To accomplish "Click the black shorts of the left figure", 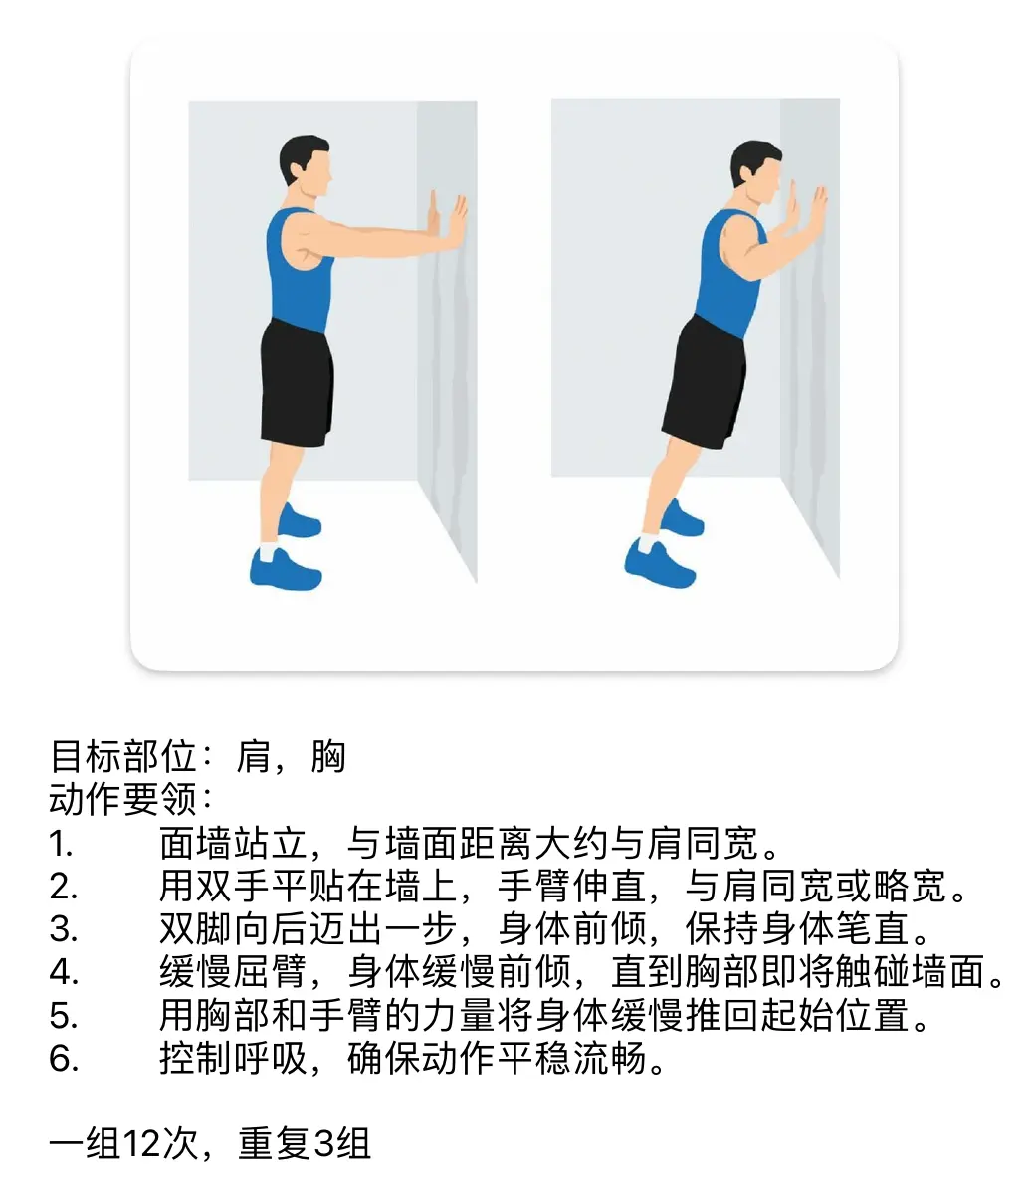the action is (297, 382).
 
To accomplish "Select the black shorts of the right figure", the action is (705, 383).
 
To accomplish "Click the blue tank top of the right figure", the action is (730, 273).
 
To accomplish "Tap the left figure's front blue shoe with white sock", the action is (285, 569).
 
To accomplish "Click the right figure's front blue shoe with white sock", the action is (659, 563).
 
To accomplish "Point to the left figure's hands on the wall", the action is (447, 220).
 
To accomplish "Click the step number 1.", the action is (60, 844).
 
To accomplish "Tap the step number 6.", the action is (64, 1059).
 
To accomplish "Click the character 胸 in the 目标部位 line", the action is (328, 756).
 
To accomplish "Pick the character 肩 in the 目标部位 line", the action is (254, 756).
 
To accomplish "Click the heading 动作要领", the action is (122, 800).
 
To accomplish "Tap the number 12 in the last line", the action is (141, 1143).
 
